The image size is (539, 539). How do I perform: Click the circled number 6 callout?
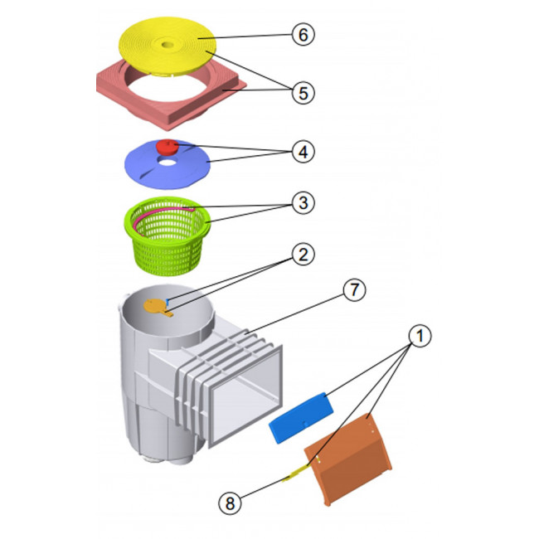coord(303,34)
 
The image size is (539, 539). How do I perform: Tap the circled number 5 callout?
coord(303,93)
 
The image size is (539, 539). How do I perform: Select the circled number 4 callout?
coord(303,152)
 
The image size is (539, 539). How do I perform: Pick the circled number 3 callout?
coord(303,203)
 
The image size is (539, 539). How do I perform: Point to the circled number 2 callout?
coord(303,255)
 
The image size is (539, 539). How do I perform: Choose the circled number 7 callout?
coord(354,289)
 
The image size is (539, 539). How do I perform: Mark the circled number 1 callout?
coord(420,335)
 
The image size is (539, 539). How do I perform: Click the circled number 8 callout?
coord(230,503)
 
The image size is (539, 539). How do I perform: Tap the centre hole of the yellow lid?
coord(168,45)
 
